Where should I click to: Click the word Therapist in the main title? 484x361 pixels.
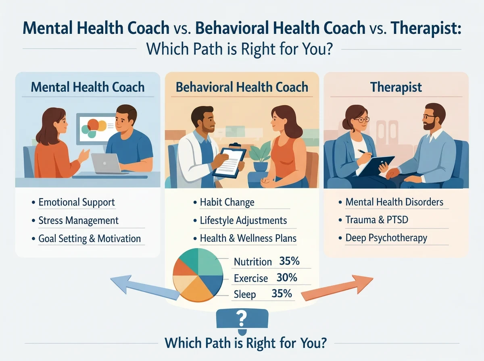(x=426, y=29)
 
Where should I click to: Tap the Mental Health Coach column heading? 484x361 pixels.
(x=88, y=87)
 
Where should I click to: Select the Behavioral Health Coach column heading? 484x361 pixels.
(x=242, y=87)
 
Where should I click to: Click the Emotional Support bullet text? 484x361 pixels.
(x=77, y=202)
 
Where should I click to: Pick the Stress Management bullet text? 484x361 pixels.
(x=79, y=220)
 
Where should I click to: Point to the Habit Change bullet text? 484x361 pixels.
(x=227, y=202)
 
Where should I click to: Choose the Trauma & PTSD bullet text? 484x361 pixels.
(x=377, y=220)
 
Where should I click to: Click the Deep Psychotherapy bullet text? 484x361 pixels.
(x=386, y=238)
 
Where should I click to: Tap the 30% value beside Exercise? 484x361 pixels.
(x=287, y=278)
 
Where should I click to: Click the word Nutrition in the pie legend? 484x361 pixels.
(x=253, y=262)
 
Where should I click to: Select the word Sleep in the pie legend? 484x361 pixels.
(x=245, y=295)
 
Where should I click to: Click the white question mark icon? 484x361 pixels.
(x=242, y=318)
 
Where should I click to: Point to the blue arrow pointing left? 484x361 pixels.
(x=144, y=287)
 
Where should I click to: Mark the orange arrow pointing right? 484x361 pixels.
(x=337, y=287)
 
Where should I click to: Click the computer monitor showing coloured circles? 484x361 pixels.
(x=96, y=129)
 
